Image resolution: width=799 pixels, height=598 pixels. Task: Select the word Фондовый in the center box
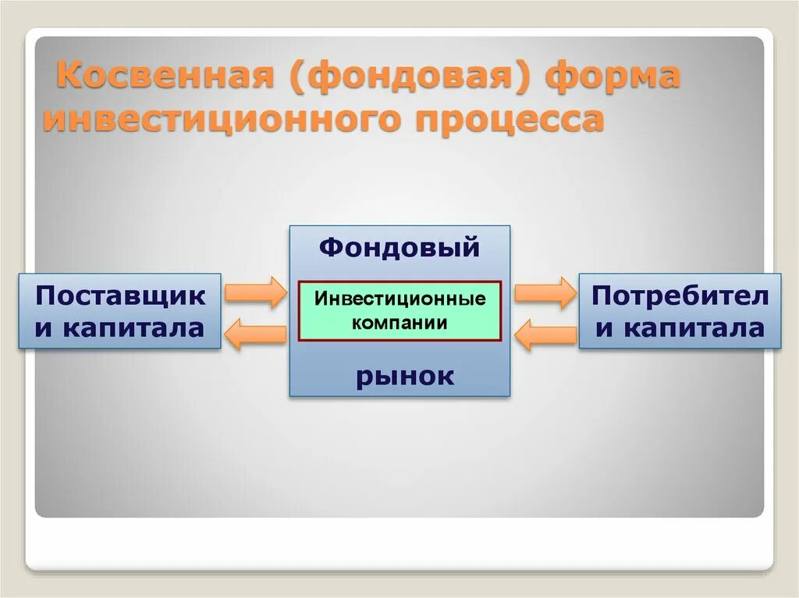tap(399, 248)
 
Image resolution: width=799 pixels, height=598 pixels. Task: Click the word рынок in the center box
tap(405, 376)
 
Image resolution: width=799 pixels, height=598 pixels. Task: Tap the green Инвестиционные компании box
tap(399, 311)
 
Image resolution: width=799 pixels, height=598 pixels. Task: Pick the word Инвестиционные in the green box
tap(399, 299)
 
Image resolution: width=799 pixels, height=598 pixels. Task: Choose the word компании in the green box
tap(399, 323)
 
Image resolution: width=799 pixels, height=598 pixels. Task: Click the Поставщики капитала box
tap(120, 311)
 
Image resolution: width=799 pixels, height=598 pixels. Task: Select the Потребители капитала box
tap(679, 311)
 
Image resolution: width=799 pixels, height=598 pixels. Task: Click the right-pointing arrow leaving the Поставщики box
tap(256, 292)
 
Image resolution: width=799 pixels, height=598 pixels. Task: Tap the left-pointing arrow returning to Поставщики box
tap(255, 334)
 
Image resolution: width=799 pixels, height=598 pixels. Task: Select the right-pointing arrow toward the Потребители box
tap(544, 292)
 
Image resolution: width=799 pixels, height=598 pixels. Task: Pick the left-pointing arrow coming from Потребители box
tap(544, 334)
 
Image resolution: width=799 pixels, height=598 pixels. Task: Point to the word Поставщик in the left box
tap(121, 296)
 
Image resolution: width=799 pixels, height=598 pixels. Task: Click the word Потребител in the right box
tap(680, 296)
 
